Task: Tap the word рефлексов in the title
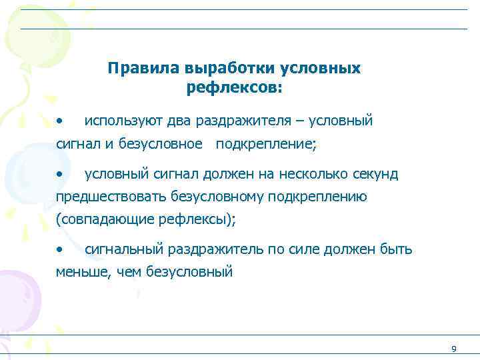234,87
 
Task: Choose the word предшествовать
111,197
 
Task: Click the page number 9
453,349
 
